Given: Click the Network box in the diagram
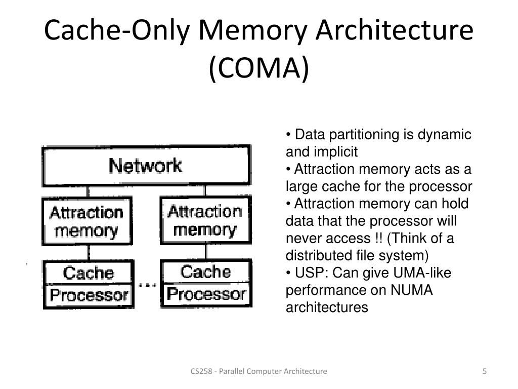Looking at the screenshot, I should pyautogui.click(x=146, y=166).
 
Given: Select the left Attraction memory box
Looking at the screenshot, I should pyautogui.click(x=87, y=222).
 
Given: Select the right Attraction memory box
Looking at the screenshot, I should pyautogui.click(x=205, y=221).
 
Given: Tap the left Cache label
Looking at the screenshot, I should pyautogui.click(x=89, y=273).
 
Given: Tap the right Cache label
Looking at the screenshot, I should pyautogui.click(x=206, y=271).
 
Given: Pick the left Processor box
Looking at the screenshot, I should pyautogui.click(x=89, y=295).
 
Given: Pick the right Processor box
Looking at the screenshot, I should pyautogui.click(x=206, y=294).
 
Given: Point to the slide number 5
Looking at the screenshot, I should pyautogui.click(x=485, y=371).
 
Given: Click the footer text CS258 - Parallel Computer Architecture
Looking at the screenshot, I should pyautogui.click(x=258, y=371).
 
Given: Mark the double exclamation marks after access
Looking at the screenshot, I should pyautogui.click(x=375, y=239).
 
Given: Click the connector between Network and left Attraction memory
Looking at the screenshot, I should pyautogui.click(x=89, y=191).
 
